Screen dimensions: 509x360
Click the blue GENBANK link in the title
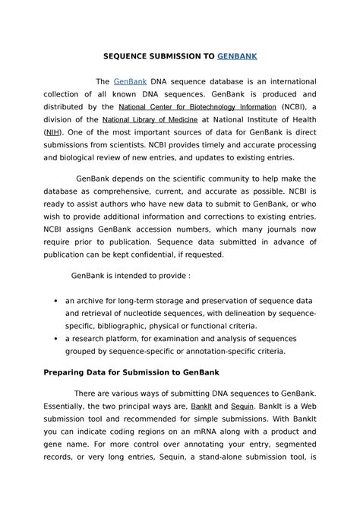(237, 56)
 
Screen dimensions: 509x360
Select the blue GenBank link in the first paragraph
(130, 81)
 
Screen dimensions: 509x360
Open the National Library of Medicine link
(150, 120)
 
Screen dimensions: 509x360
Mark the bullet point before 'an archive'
(55, 301)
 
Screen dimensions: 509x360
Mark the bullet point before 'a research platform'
(55, 339)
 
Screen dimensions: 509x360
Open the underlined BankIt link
(201, 406)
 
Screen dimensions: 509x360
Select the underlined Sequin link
(242, 406)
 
